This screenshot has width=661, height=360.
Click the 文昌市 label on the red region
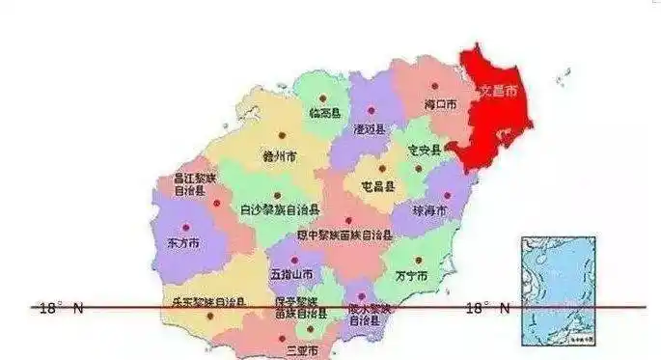tap(498, 92)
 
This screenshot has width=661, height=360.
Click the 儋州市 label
tap(279, 154)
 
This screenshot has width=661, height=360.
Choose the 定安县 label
tap(424, 150)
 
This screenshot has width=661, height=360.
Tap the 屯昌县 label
tap(377, 185)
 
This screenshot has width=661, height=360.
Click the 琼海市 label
tap(429, 209)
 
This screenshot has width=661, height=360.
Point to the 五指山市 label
tap(290, 275)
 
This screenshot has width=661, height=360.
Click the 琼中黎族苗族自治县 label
tap(344, 235)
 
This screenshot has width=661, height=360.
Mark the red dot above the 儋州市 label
tap(282, 136)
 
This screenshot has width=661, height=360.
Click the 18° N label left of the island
tap(61, 308)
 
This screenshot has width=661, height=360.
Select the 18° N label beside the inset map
tap(488, 308)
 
